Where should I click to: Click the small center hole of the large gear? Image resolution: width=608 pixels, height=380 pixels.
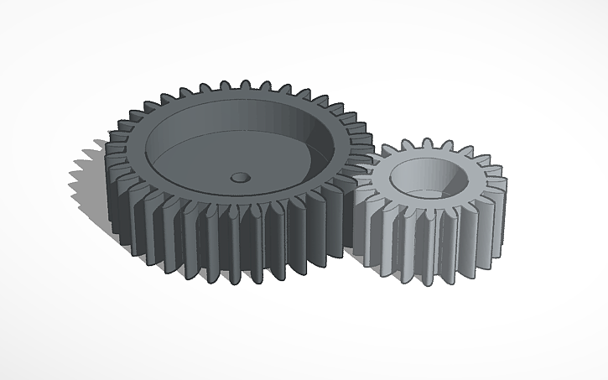[241, 178]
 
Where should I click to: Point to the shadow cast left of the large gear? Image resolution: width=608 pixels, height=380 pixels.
[91, 180]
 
